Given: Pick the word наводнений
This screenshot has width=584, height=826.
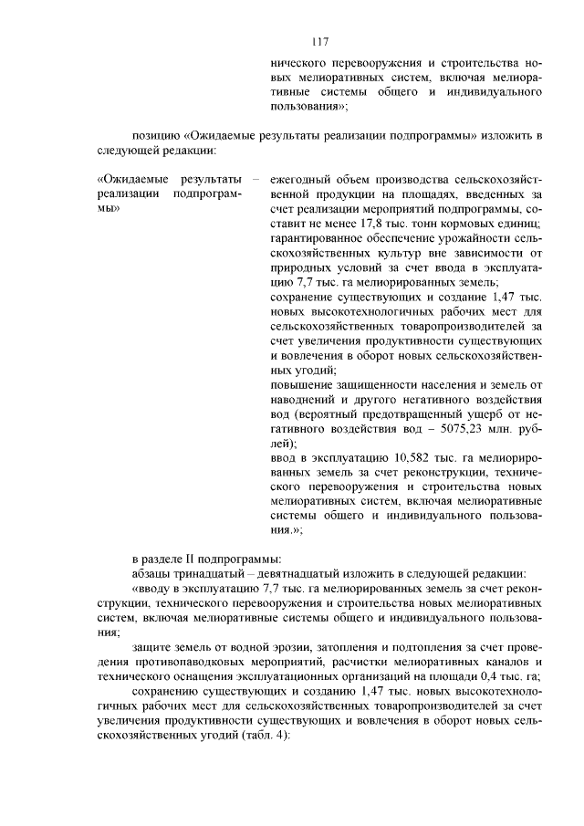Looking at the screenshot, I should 302,400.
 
